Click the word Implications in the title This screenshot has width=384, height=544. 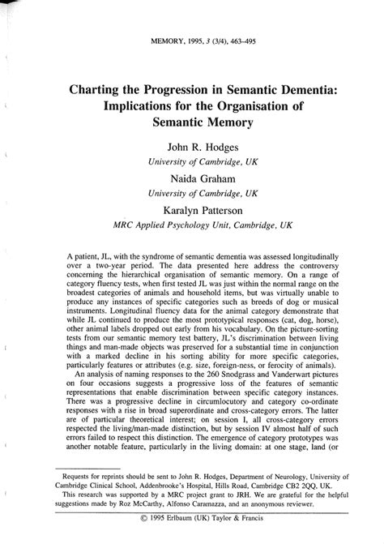[142, 106]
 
